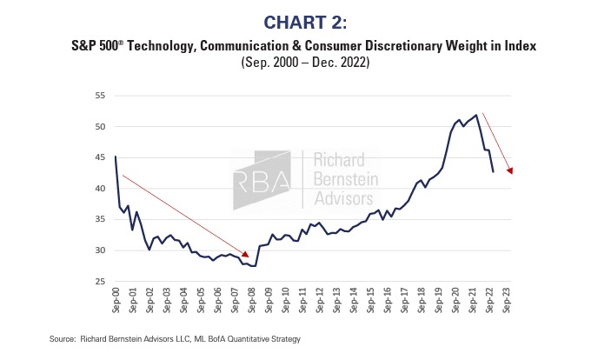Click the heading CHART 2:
304,19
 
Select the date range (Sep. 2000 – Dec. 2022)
305,62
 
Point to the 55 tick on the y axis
101,95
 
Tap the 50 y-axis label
101,126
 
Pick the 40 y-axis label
101,188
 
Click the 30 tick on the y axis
101,250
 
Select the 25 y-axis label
101,282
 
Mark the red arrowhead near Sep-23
509,170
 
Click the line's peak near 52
476,114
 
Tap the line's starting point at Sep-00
116,157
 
